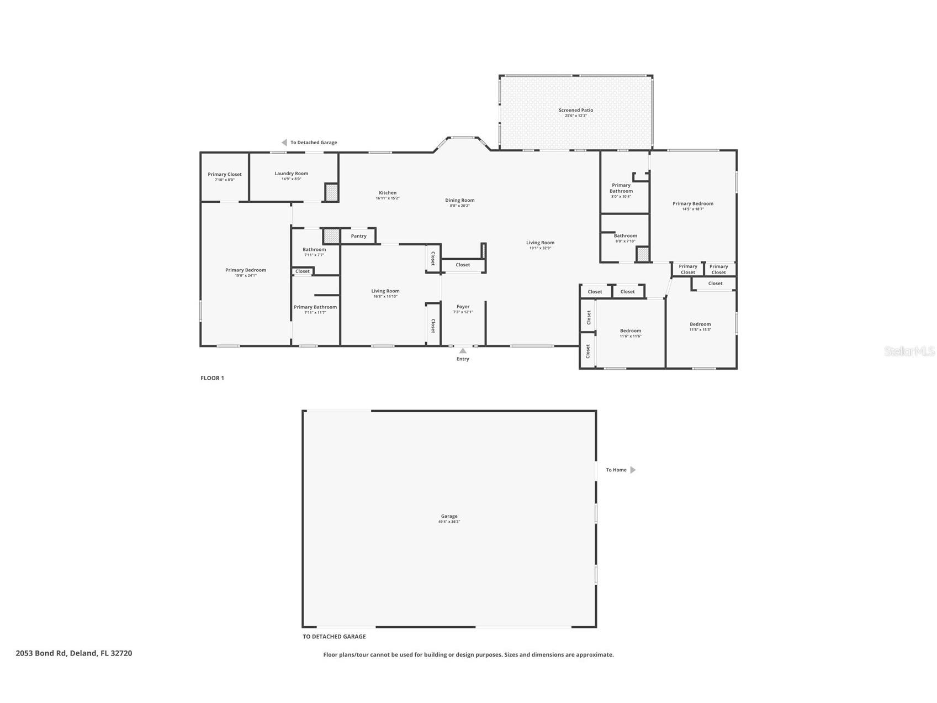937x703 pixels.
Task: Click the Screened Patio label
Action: pyautogui.click(x=575, y=110)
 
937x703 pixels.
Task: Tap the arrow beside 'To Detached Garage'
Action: pyautogui.click(x=284, y=143)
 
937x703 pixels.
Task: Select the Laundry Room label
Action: pyautogui.click(x=291, y=174)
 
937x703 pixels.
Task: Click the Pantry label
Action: pyautogui.click(x=358, y=236)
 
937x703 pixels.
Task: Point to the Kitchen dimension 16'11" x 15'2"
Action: pyautogui.click(x=388, y=198)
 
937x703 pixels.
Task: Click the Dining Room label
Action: pyautogui.click(x=459, y=201)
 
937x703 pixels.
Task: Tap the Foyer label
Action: pyautogui.click(x=463, y=307)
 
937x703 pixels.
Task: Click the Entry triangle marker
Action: pyautogui.click(x=463, y=351)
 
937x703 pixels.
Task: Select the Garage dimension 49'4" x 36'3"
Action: pyautogui.click(x=449, y=522)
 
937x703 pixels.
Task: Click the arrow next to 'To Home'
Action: pyautogui.click(x=633, y=470)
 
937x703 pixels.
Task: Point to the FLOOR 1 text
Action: pyautogui.click(x=212, y=378)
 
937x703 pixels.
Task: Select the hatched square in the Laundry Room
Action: pyautogui.click(x=331, y=192)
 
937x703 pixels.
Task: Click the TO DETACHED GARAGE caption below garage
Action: pyautogui.click(x=334, y=637)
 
